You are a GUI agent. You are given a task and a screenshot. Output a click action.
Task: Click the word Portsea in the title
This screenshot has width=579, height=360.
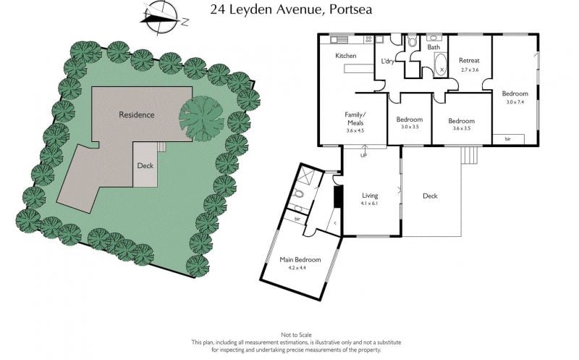(350, 9)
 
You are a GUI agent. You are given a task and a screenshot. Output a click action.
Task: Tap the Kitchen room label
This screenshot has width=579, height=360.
(346, 56)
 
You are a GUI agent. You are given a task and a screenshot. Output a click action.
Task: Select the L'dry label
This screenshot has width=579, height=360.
(387, 62)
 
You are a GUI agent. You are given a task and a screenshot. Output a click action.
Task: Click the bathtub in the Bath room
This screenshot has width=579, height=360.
(440, 65)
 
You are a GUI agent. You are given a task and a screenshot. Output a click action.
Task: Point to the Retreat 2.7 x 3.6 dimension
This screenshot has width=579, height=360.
(470, 70)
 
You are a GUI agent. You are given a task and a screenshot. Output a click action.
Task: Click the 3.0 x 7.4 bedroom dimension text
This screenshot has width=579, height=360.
(515, 102)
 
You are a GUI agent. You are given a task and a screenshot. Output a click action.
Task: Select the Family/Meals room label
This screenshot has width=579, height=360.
(355, 119)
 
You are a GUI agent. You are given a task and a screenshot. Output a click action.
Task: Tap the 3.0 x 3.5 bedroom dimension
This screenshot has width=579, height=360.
(410, 127)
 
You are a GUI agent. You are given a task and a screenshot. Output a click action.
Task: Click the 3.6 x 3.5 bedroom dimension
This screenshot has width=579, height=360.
(462, 129)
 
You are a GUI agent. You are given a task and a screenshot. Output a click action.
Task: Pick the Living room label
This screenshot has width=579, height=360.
(370, 196)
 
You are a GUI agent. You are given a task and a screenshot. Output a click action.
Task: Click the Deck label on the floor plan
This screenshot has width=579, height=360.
(430, 196)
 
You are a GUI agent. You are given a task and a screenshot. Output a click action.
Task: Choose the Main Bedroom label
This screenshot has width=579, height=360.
(300, 260)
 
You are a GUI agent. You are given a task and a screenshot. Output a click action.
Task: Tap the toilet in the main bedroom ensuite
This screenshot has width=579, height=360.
(297, 193)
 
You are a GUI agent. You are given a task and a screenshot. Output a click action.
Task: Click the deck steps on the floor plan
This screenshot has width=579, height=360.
(470, 155)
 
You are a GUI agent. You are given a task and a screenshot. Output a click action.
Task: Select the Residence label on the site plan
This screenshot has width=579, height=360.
(137, 115)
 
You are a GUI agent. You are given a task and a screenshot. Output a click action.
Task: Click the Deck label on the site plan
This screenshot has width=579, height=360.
(145, 166)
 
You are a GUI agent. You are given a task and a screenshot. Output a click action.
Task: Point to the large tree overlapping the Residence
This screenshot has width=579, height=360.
(202, 119)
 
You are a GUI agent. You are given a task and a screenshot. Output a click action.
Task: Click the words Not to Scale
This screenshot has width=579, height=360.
(296, 335)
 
